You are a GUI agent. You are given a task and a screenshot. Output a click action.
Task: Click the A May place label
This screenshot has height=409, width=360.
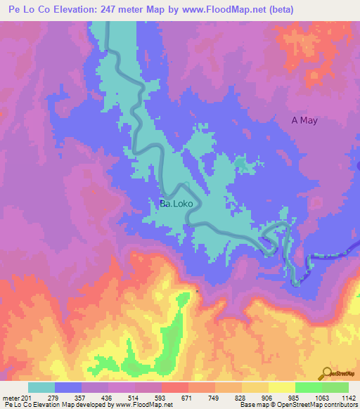point(304,120)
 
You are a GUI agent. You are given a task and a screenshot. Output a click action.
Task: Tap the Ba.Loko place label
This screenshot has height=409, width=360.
point(180,204)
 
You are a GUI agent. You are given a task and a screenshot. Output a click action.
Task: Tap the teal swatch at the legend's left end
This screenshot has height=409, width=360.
point(41,387)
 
